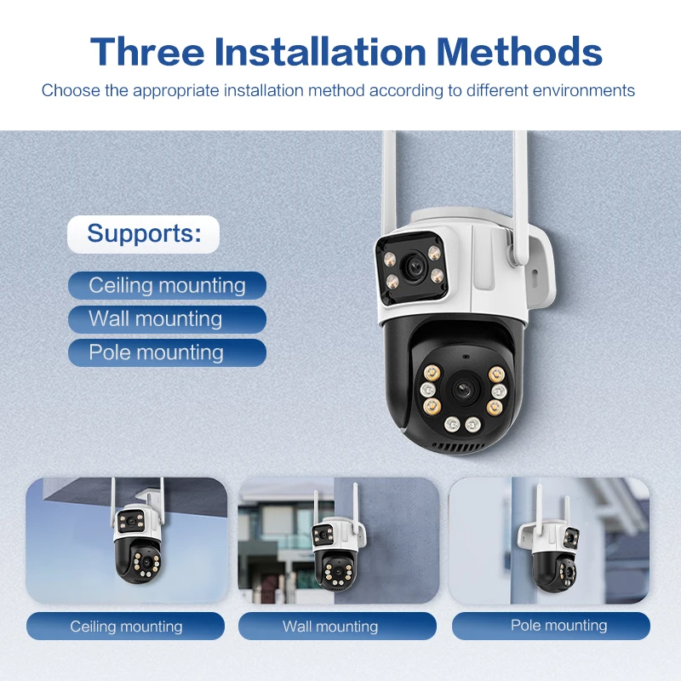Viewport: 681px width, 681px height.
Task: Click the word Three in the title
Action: [147, 52]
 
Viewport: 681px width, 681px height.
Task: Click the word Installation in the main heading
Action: [320, 52]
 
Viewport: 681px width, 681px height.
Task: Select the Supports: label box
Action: [143, 234]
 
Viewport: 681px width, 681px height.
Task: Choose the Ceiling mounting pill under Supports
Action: [167, 285]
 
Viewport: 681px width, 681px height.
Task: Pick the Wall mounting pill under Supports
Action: [167, 319]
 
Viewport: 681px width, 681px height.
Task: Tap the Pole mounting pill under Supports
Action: [167, 352]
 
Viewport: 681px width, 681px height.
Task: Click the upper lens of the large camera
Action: [414, 265]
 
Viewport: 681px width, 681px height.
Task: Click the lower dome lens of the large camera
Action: [463, 389]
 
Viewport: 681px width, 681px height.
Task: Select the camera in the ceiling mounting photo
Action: [137, 539]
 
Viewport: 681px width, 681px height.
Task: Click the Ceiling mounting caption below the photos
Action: [125, 627]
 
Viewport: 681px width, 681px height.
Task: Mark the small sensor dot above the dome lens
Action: [466, 357]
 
